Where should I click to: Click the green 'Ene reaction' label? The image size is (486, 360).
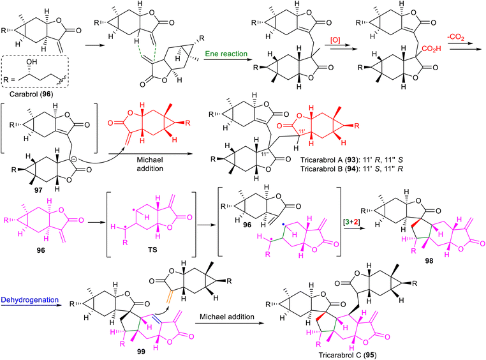[x=226, y=54]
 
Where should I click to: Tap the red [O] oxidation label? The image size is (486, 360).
[x=336, y=41]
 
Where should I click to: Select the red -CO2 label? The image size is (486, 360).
[x=455, y=38]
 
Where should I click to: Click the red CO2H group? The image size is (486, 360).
[x=431, y=49]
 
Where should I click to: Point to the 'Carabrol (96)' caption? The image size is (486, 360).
[x=31, y=94]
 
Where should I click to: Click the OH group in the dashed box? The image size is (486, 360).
[x=31, y=62]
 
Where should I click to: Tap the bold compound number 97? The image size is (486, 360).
[x=38, y=190]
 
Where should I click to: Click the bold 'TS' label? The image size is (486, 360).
[x=152, y=250]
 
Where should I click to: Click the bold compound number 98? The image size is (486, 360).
[x=429, y=261]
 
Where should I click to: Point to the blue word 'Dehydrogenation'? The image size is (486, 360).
[x=30, y=300]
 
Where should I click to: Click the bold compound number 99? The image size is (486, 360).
[x=141, y=351]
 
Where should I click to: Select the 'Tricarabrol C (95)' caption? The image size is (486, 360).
[x=348, y=355]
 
